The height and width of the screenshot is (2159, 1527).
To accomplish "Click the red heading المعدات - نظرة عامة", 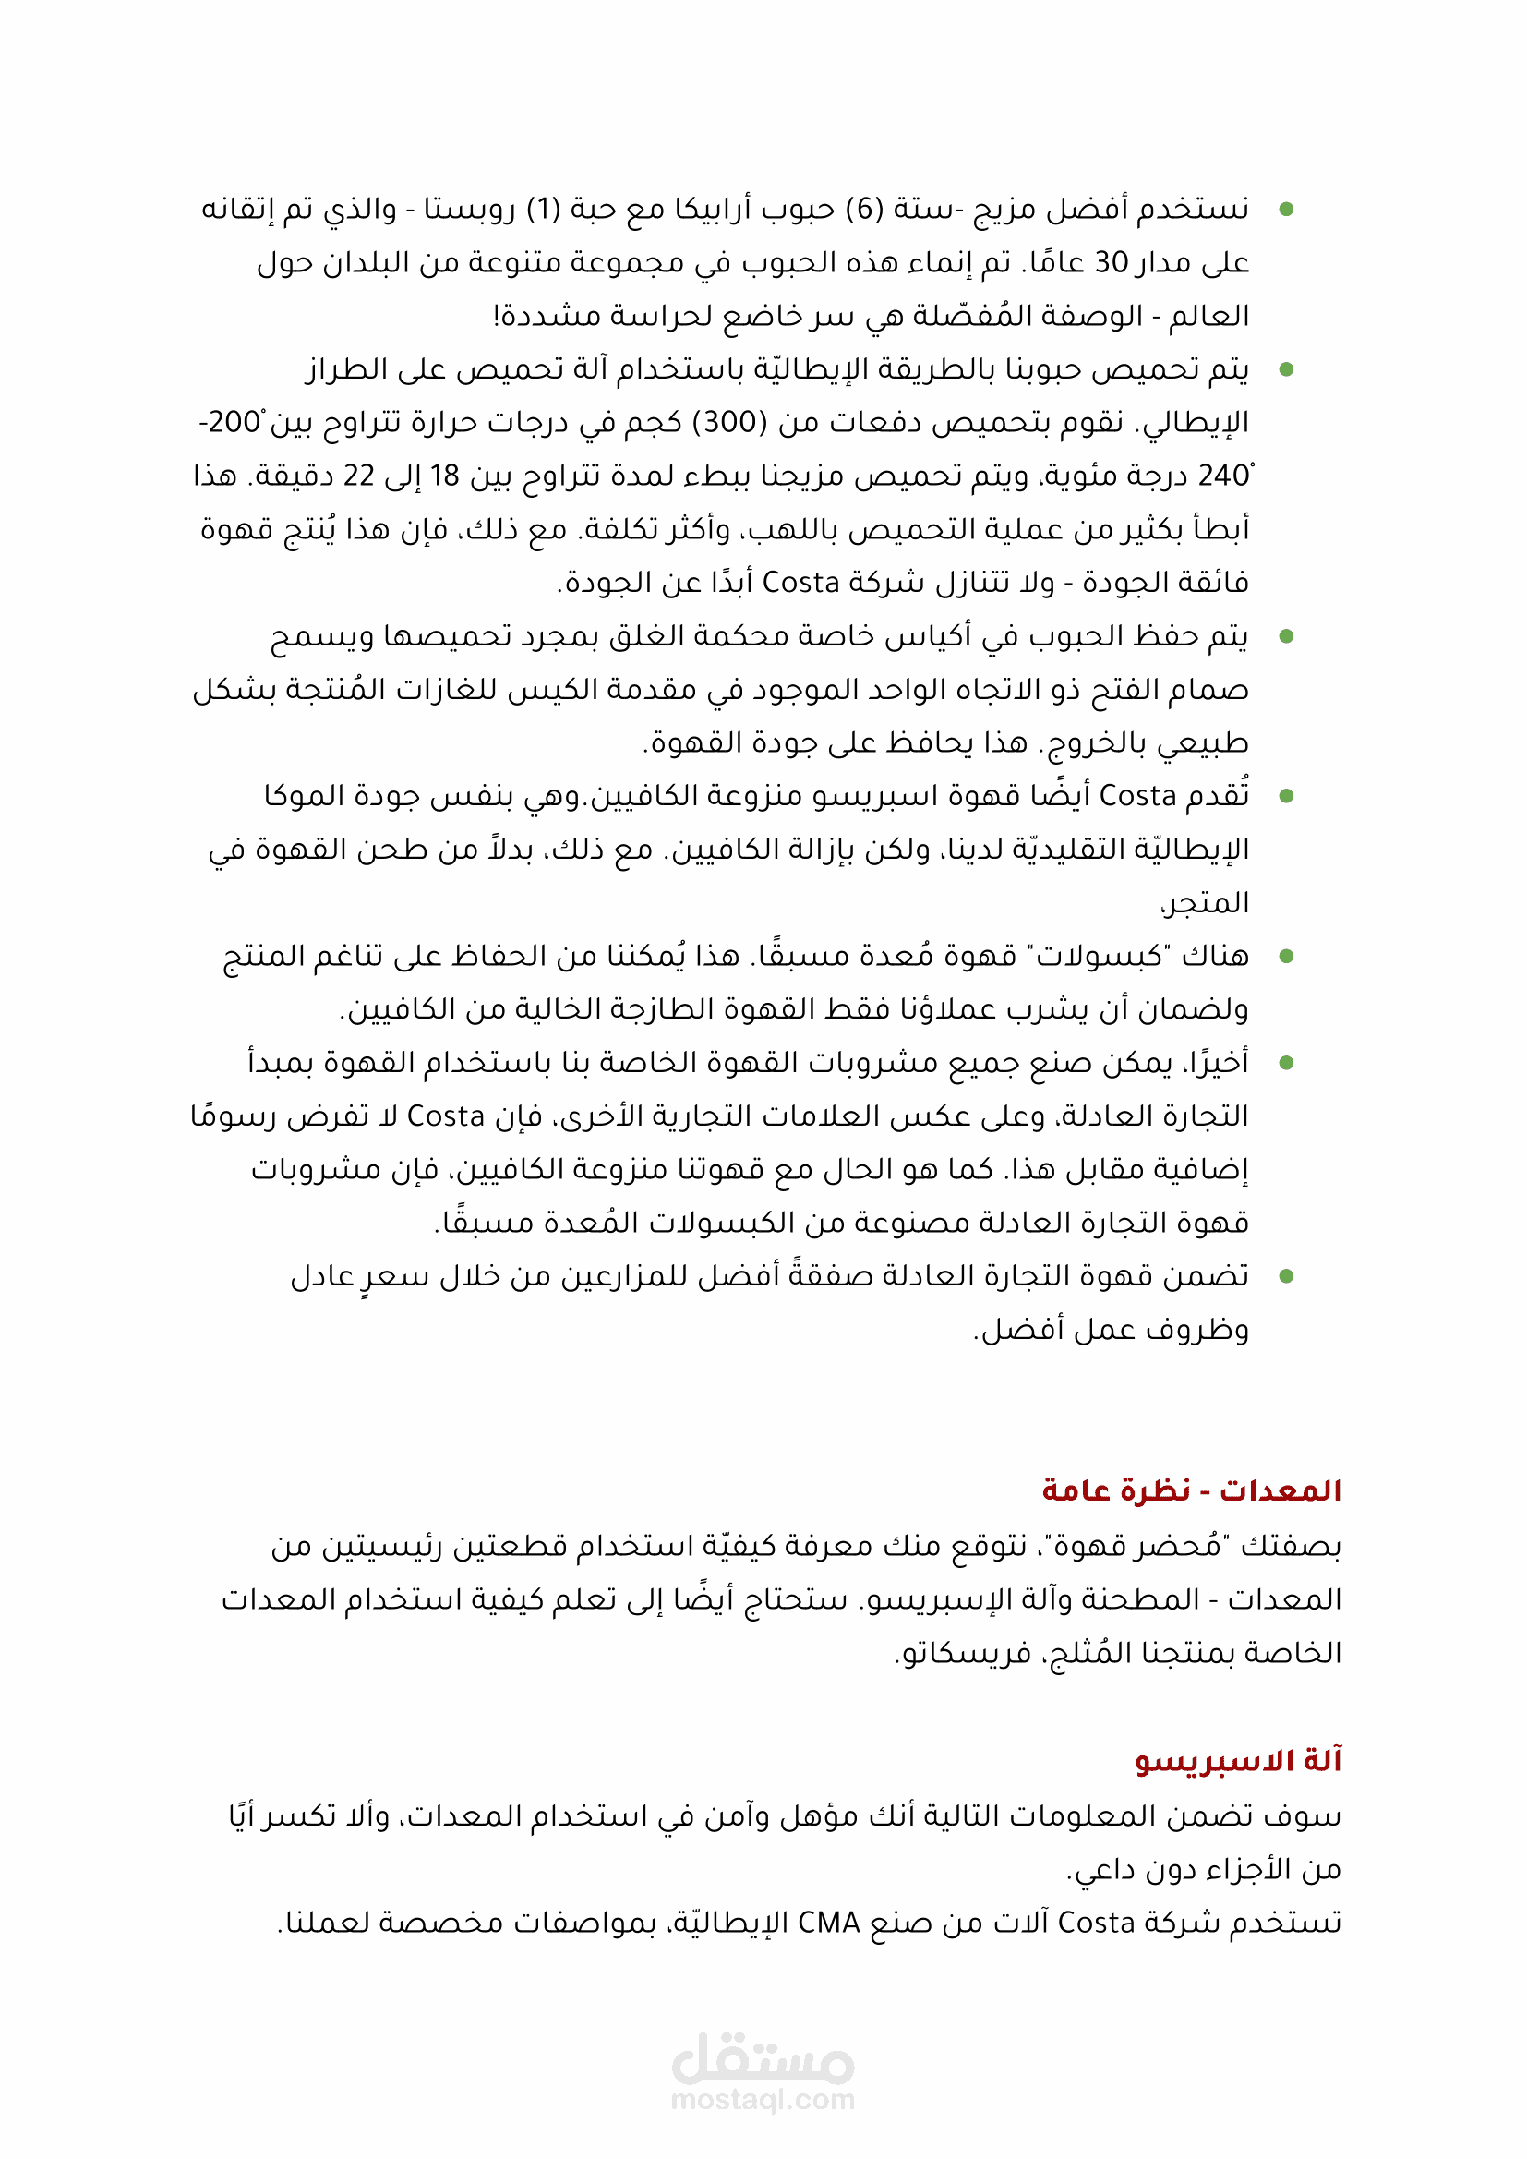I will click(x=1190, y=1490).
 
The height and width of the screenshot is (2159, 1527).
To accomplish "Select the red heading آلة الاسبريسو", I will click(x=1237, y=1760).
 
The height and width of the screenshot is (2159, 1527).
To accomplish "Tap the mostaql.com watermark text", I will click(x=763, y=2100).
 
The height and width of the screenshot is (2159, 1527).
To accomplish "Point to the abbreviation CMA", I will click(x=828, y=1923).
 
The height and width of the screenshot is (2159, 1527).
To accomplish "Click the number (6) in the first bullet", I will click(x=862, y=208).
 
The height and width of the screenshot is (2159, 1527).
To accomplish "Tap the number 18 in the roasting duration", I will click(x=444, y=476).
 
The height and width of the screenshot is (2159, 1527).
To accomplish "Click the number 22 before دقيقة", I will click(x=358, y=476).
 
